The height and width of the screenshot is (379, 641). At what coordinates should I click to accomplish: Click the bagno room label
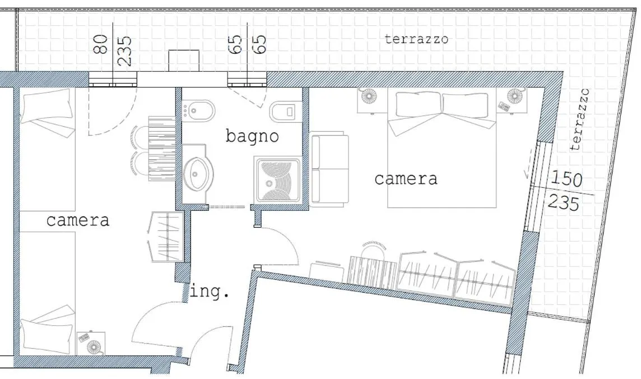point(252,136)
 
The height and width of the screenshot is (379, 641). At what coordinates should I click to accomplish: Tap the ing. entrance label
point(210,292)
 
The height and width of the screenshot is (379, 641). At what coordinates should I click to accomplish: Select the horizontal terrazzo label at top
point(416,39)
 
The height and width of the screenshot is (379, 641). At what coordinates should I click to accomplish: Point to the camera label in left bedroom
point(77,220)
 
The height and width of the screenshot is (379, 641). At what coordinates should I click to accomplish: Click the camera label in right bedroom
point(406,179)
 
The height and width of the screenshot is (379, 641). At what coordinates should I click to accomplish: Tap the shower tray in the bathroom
point(278,180)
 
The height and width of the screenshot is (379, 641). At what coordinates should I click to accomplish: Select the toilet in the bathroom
point(285,112)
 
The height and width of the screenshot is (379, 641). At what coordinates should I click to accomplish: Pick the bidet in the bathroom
point(199,110)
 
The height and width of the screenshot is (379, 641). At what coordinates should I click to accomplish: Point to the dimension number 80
point(101,44)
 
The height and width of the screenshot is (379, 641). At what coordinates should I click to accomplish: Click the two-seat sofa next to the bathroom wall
point(329,170)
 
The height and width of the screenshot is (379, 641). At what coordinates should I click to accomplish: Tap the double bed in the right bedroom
point(442,149)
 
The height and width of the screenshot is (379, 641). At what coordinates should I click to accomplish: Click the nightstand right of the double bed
point(513,99)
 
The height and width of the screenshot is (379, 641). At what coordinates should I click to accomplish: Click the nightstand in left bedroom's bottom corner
point(91,343)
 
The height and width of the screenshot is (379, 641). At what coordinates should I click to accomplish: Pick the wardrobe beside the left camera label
point(168,237)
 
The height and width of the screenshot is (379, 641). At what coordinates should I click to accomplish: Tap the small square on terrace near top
point(184,61)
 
